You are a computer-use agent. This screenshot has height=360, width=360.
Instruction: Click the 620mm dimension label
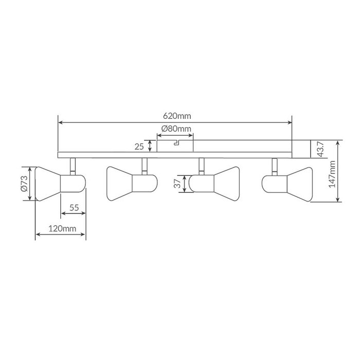(177, 116)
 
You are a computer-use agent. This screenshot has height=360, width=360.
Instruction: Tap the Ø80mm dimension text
(176, 129)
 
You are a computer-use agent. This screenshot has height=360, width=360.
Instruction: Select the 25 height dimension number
(139, 147)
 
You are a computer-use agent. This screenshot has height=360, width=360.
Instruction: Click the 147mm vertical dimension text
(332, 174)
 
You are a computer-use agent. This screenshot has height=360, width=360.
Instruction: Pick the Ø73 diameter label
(24, 184)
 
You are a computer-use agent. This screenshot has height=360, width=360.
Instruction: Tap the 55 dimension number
(74, 208)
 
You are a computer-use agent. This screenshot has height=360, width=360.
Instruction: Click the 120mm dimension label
(62, 228)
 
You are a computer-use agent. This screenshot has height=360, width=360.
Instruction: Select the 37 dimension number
(177, 184)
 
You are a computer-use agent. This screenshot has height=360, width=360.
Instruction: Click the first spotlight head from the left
(60, 184)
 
